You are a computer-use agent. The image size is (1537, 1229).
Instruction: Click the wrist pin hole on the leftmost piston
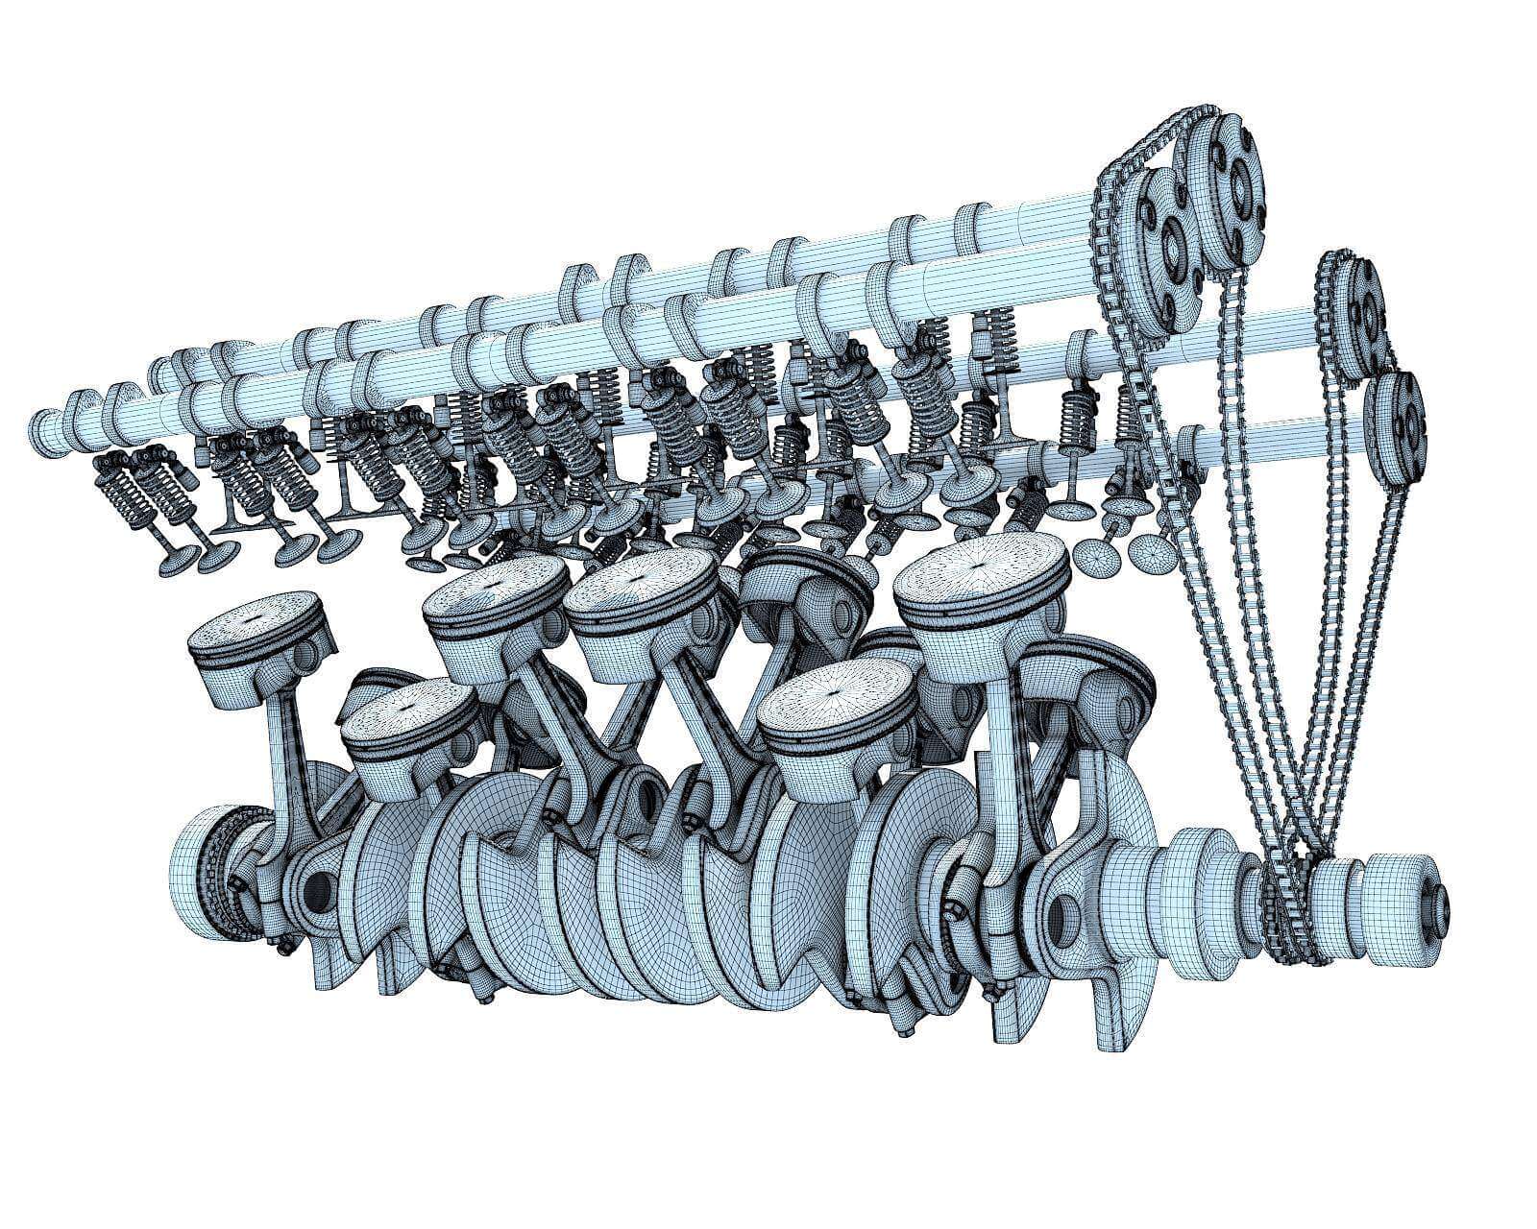[305, 658]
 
